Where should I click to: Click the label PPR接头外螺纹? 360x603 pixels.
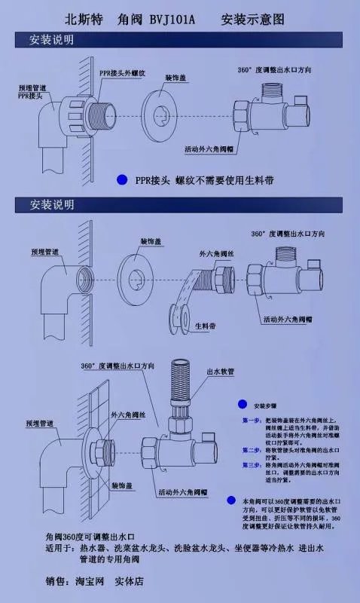click(122, 72)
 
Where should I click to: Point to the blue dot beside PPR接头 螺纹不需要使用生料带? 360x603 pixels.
click(121, 179)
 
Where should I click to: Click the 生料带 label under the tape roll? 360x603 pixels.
click(206, 326)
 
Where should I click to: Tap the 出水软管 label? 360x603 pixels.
click(221, 372)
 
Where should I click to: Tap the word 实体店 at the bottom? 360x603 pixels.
click(129, 582)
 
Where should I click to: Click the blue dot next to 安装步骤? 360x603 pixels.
click(242, 404)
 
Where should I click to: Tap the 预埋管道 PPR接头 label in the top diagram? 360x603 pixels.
click(31, 93)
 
